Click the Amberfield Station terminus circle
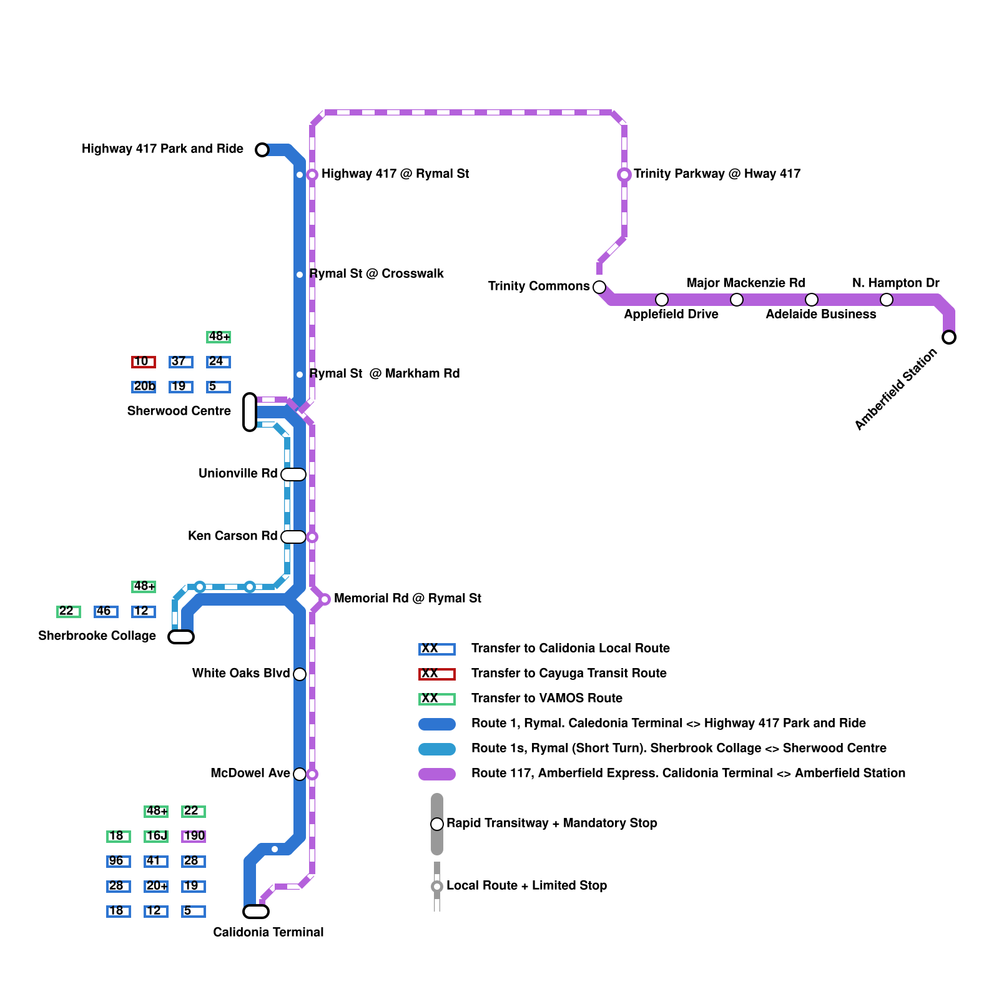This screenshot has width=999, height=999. click(949, 337)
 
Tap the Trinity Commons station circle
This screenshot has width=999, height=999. click(599, 287)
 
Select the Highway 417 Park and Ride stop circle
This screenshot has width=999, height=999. click(262, 150)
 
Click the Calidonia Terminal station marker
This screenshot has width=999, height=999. click(256, 912)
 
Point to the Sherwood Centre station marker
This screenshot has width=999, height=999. click(250, 412)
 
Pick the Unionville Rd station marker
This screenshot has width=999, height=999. click(293, 475)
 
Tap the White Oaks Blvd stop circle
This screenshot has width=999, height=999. click(300, 674)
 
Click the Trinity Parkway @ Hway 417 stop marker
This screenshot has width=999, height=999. click(624, 175)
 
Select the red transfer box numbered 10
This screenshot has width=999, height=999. click(143, 362)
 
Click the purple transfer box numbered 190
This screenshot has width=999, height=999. click(194, 836)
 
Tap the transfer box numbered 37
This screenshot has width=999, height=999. click(180, 362)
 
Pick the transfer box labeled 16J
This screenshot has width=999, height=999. click(156, 836)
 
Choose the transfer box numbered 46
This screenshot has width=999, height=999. click(106, 611)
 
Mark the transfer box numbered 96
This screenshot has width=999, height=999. click(118, 861)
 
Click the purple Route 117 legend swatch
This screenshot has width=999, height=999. click(437, 774)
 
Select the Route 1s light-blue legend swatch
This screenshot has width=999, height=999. click(437, 749)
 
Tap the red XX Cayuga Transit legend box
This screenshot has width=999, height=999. click(437, 674)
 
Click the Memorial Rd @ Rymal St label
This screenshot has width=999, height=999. click(407, 598)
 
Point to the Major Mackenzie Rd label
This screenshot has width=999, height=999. click(746, 283)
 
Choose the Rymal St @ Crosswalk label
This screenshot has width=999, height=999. click(376, 273)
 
